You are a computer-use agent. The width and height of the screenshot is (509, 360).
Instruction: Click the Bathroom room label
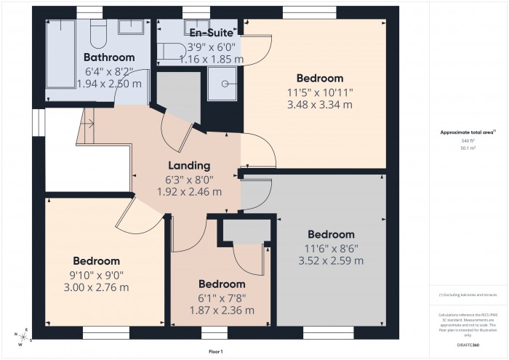point(109,57)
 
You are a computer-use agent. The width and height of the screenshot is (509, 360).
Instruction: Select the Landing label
point(189,166)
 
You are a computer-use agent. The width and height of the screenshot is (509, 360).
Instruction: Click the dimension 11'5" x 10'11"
point(320,92)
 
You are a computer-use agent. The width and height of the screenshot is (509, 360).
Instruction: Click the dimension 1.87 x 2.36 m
point(221,310)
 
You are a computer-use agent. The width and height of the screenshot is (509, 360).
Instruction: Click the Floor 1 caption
point(215,351)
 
